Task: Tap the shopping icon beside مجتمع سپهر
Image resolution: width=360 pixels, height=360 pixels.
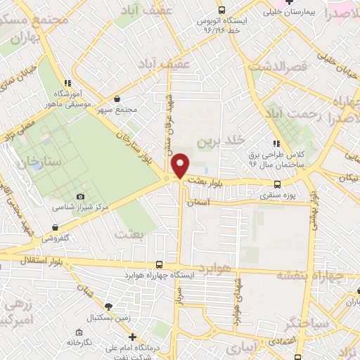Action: [x=117, y=98]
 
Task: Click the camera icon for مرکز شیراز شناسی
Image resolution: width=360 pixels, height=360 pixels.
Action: [x=80, y=196]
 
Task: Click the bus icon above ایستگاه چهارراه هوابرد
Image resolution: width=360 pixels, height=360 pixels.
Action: [x=159, y=265]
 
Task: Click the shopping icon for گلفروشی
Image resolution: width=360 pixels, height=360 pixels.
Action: [x=56, y=227]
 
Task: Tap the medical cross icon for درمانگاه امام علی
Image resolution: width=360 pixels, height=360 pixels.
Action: [x=132, y=337]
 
